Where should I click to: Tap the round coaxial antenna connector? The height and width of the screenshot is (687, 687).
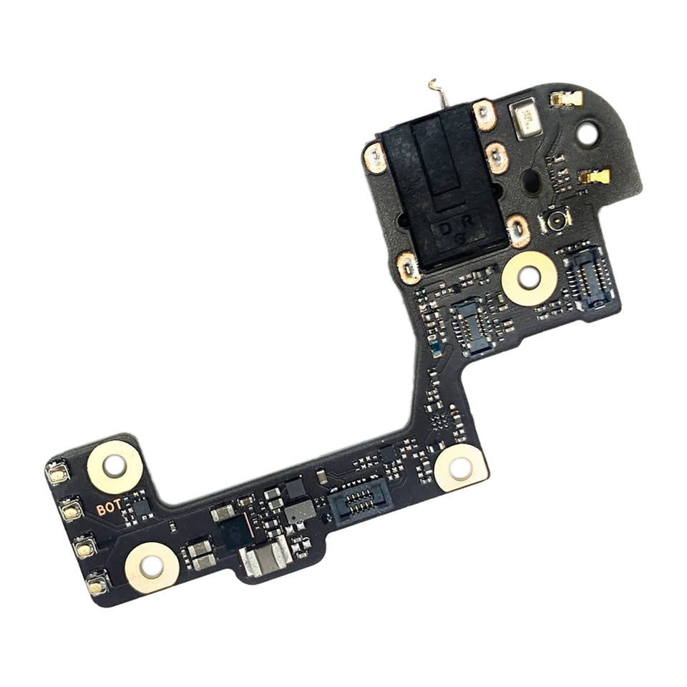(x=555, y=222)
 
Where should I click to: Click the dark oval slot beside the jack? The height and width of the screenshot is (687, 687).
(x=532, y=182)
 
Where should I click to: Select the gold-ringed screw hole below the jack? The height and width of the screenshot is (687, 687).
(x=527, y=276)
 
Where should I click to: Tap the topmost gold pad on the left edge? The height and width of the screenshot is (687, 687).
(x=57, y=473)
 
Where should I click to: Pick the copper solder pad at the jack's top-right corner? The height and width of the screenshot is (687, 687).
(x=485, y=112)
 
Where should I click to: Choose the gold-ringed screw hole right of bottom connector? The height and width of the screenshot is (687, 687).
(x=461, y=468)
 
